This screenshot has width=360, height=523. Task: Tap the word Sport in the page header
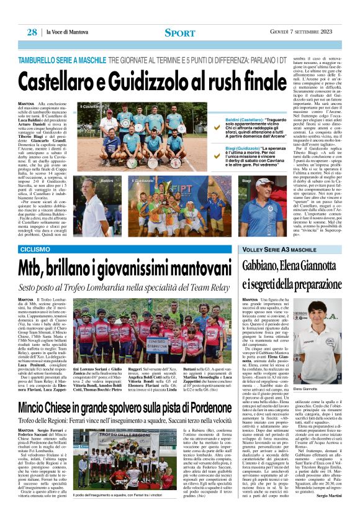point(180,32)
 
